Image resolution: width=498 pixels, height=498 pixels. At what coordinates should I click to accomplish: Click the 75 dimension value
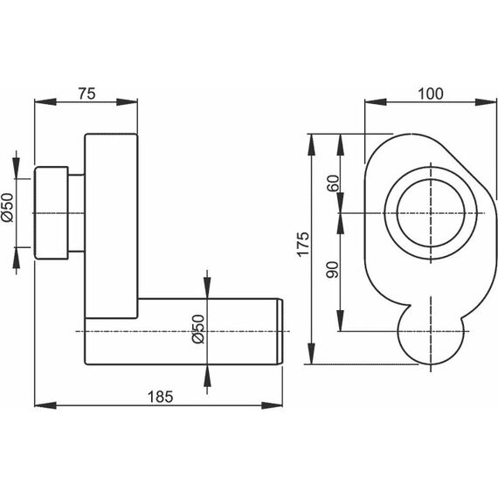click(86, 93)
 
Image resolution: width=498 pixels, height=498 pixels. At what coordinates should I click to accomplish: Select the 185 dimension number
click(161, 397)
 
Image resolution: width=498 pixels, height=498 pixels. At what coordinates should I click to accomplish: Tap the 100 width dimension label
click(431, 93)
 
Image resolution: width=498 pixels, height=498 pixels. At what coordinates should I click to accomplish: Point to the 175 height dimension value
click(302, 244)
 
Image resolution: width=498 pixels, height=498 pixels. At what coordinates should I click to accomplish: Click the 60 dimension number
click(333, 183)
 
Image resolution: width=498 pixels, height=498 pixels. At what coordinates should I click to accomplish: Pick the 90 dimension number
click(333, 270)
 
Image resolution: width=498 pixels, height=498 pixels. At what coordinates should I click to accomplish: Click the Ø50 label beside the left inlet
click(8, 207)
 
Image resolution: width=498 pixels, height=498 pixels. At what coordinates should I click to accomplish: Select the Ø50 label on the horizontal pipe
click(198, 329)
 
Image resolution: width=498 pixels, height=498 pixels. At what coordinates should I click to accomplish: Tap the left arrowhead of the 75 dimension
click(45, 102)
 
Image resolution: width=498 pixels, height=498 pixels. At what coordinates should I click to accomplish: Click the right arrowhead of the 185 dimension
click(272, 405)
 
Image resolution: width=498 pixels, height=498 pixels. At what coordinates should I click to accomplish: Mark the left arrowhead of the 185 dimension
click(45, 405)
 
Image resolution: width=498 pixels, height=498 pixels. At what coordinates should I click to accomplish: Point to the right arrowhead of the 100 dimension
click(485, 102)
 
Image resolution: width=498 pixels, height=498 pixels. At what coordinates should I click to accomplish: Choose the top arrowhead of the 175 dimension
click(312, 144)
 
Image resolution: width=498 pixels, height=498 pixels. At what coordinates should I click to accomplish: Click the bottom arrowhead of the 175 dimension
click(312, 354)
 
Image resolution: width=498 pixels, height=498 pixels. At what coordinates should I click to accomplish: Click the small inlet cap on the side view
click(52, 213)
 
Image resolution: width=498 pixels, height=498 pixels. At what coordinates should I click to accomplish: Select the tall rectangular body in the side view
click(111, 225)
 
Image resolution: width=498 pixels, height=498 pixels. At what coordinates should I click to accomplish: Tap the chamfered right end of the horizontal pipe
click(280, 332)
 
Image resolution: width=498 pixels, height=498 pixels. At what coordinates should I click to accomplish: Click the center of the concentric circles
click(431, 213)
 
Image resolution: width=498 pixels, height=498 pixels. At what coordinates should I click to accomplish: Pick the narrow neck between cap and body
click(76, 213)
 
